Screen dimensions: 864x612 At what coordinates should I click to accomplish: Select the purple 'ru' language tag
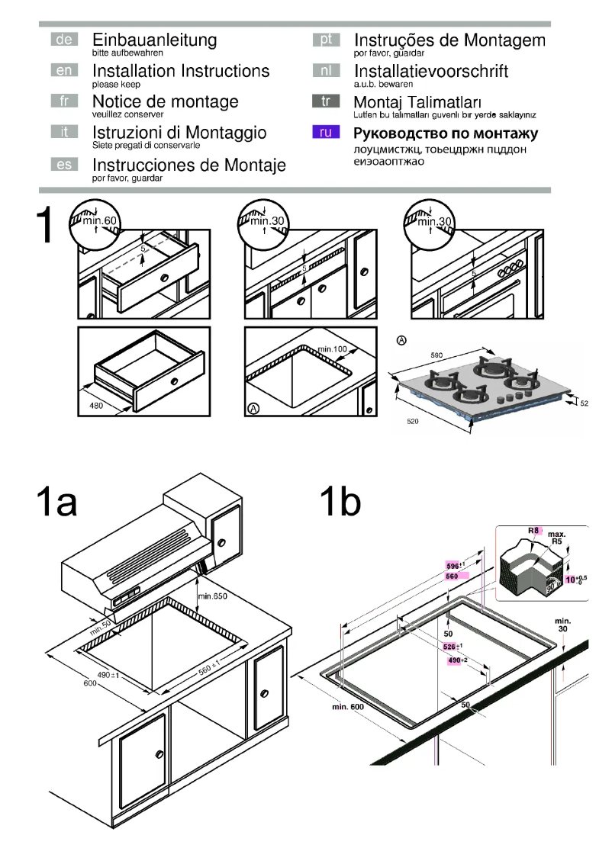click(x=325, y=133)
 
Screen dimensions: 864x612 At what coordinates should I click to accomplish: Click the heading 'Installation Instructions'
click(x=180, y=71)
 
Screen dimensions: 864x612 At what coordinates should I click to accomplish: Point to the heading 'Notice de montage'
click(x=165, y=101)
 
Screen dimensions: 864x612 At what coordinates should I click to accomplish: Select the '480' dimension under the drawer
click(x=96, y=406)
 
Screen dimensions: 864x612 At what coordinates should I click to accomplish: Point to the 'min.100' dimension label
click(x=333, y=349)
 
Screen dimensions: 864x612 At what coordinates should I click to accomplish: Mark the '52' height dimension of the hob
click(x=585, y=403)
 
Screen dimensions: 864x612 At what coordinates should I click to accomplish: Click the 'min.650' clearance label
click(x=213, y=595)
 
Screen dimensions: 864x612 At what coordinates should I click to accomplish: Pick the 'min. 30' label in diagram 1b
click(x=562, y=628)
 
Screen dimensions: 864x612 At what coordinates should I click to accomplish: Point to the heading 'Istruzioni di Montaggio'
click(x=179, y=133)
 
